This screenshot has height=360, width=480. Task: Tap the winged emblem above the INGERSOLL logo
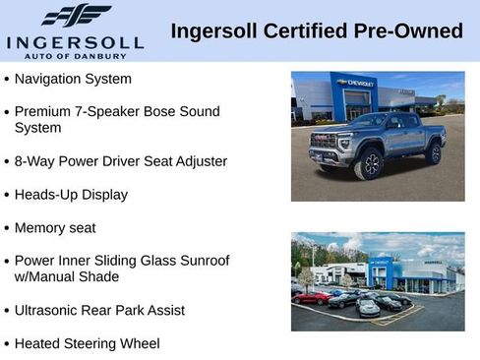76,16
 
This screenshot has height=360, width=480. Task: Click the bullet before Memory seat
7,228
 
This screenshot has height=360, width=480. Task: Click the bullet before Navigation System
7,79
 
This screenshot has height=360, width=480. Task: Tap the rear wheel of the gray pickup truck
434,152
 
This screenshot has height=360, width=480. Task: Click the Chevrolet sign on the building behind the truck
355,84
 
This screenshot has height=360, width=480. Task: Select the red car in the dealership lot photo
312,296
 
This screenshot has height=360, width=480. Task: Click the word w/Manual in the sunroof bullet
50,276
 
